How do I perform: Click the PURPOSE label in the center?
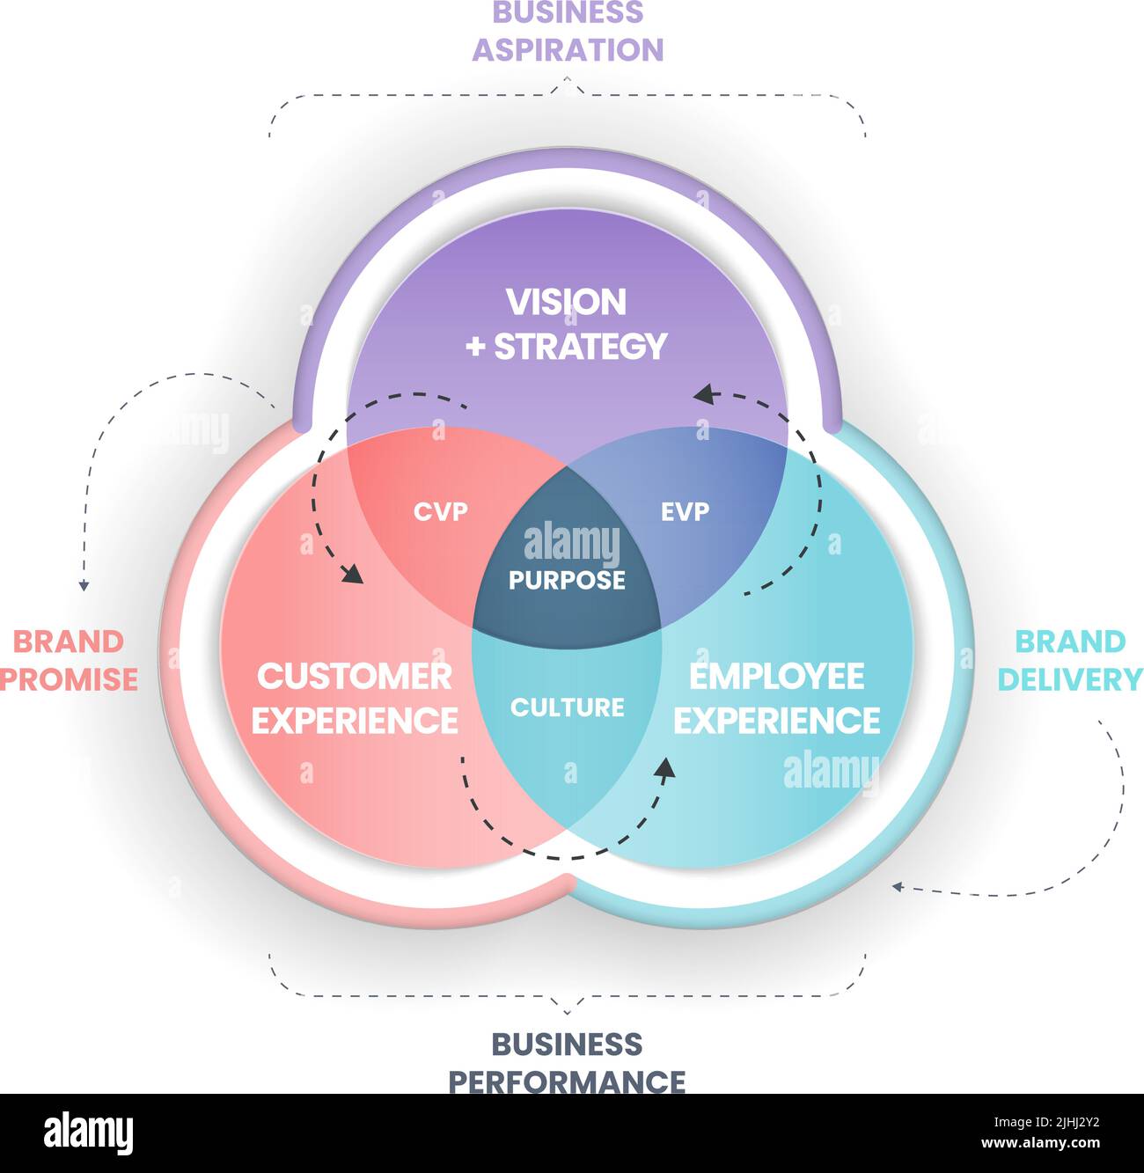568,580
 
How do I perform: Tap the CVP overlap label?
441,510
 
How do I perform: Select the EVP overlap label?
685,510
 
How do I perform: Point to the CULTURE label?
568,707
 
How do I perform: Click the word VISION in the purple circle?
566,302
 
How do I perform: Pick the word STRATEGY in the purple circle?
581,346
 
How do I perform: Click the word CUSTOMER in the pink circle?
355,676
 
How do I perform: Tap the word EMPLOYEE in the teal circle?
777,676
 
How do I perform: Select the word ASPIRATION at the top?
568,49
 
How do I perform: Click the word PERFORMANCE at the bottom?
568,1080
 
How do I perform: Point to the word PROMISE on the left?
69,678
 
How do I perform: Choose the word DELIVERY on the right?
1070,678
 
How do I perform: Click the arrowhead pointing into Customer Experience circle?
354,576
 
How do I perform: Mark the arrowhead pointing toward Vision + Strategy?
702,394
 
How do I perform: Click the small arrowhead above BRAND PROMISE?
84,585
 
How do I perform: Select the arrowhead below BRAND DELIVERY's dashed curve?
898,887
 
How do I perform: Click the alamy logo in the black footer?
89,1133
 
